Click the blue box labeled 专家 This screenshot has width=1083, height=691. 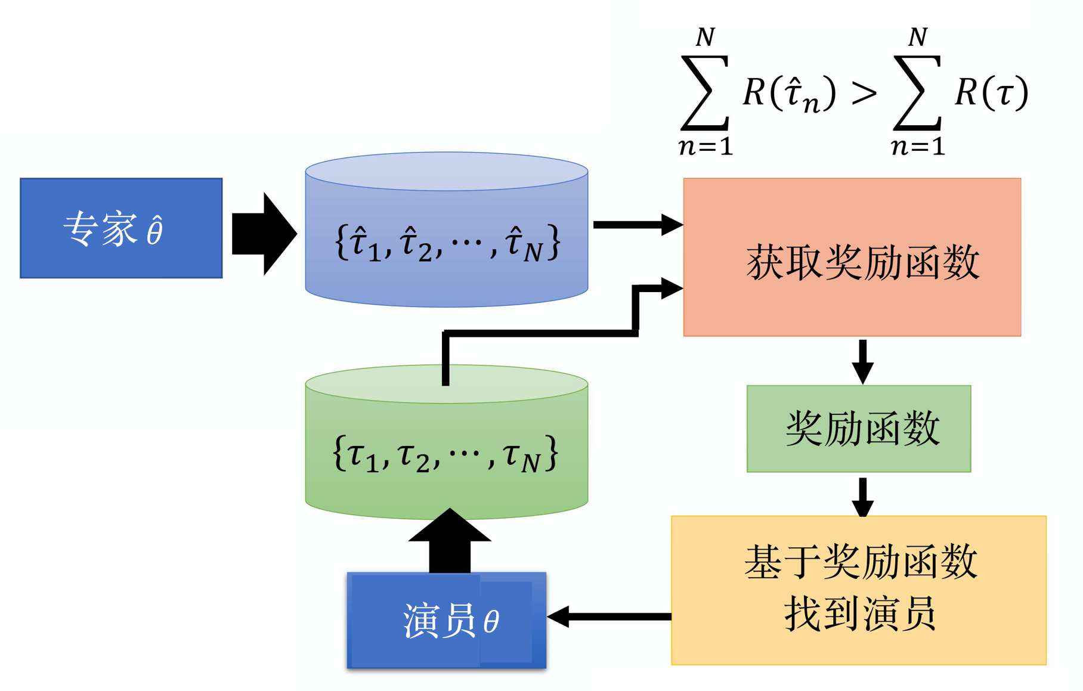pyautogui.click(x=121, y=228)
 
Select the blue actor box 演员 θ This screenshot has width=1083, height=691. pyautogui.click(x=447, y=620)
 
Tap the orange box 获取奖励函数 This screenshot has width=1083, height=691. pyautogui.click(x=852, y=258)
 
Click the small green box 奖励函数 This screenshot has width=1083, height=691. pyautogui.click(x=859, y=429)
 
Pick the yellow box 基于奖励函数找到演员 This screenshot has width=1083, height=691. pyautogui.click(x=859, y=590)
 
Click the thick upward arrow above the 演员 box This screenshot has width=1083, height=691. pyautogui.click(x=450, y=540)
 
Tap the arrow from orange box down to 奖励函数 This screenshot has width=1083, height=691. pyautogui.click(x=862, y=361)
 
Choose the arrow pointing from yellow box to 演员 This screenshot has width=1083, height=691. pyautogui.click(x=608, y=616)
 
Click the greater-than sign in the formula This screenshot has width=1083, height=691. pyautogui.click(x=864, y=94)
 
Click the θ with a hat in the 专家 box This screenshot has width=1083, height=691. pyautogui.click(x=155, y=231)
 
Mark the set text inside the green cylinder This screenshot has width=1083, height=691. pyautogui.click(x=445, y=454)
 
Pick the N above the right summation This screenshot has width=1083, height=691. pyautogui.click(x=918, y=38)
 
